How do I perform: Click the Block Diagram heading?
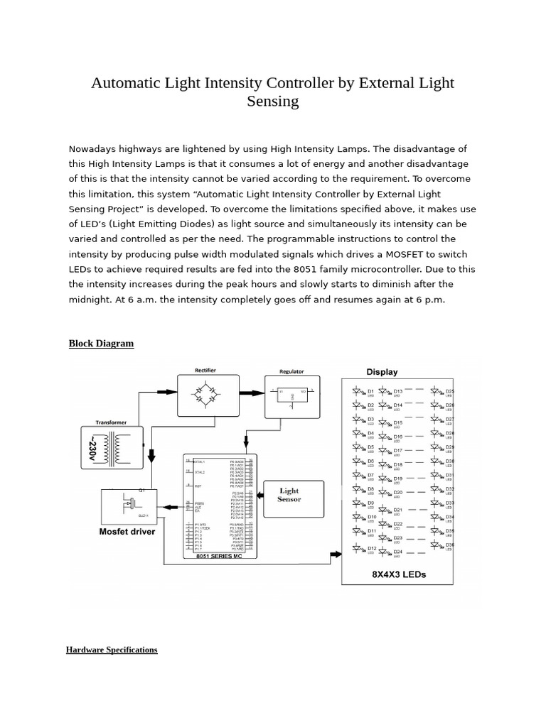(x=101, y=344)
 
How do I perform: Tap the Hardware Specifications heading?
(x=112, y=650)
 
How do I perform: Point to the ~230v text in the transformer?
(x=95, y=449)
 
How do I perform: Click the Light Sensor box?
(x=289, y=495)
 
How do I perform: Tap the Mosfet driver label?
(x=127, y=530)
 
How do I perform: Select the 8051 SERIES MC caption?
(x=218, y=556)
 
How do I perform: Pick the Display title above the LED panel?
(x=382, y=372)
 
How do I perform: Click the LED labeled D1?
(x=358, y=391)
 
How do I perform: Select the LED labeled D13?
(x=385, y=391)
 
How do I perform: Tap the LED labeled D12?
(x=358, y=549)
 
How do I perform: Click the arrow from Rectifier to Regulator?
(x=253, y=391)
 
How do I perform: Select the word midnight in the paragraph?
(x=92, y=299)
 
